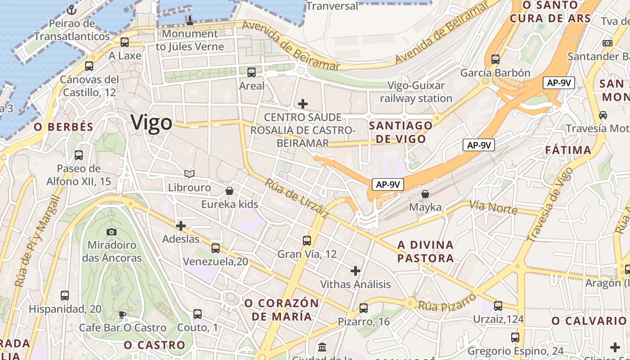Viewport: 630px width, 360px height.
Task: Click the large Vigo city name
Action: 151,123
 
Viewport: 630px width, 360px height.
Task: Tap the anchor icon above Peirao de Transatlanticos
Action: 71,10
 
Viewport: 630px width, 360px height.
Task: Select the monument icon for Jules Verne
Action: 189,20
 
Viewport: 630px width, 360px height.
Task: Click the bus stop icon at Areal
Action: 252,72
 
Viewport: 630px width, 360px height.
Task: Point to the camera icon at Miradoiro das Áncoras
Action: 112,232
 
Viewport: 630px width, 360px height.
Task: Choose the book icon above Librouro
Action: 189,174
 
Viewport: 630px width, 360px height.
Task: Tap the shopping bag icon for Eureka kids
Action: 229,191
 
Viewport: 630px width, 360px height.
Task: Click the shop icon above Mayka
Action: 425,194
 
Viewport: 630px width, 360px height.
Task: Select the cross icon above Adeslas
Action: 181,225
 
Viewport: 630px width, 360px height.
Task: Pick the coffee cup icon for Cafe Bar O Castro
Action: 122,314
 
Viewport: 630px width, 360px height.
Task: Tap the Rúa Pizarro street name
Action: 446,303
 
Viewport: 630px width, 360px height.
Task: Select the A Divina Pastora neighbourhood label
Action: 425,252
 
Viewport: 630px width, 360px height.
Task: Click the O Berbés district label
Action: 63,127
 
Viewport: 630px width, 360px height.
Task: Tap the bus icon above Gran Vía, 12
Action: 307,241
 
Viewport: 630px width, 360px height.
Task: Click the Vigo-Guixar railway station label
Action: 416,92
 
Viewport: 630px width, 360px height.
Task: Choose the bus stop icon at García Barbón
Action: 495,59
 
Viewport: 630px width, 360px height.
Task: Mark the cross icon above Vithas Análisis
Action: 355,271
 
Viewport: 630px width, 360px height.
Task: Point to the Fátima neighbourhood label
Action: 568,150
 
